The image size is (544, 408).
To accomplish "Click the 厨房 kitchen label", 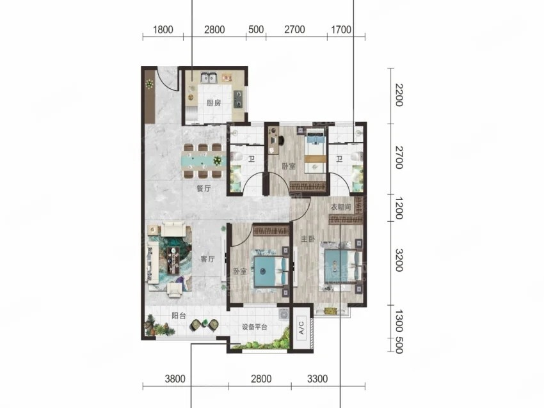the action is click(214, 102).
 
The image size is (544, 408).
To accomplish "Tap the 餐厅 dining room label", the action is click(204, 189).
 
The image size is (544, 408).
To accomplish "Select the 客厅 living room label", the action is click(207, 258).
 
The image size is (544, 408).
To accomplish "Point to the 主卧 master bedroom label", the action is click(308, 239).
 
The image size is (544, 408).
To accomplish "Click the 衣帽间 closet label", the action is click(340, 207).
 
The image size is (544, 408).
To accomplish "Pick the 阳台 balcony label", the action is click(179, 316).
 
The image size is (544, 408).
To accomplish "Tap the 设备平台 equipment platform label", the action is click(255, 327).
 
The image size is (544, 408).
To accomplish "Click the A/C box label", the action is click(301, 327).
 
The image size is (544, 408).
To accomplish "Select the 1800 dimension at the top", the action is click(163, 29).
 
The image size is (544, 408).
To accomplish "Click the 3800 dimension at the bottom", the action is click(175, 379).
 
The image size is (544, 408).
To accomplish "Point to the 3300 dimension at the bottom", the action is click(317, 379).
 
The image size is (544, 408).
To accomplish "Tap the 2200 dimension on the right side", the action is click(399, 95).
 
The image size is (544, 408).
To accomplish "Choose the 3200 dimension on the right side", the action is click(399, 260).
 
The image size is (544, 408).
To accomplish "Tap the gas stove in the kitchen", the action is click(238, 99).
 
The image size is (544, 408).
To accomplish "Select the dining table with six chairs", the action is click(204, 161).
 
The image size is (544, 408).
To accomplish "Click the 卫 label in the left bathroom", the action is click(252, 159).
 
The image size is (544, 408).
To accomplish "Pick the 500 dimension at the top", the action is click(256, 29).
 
